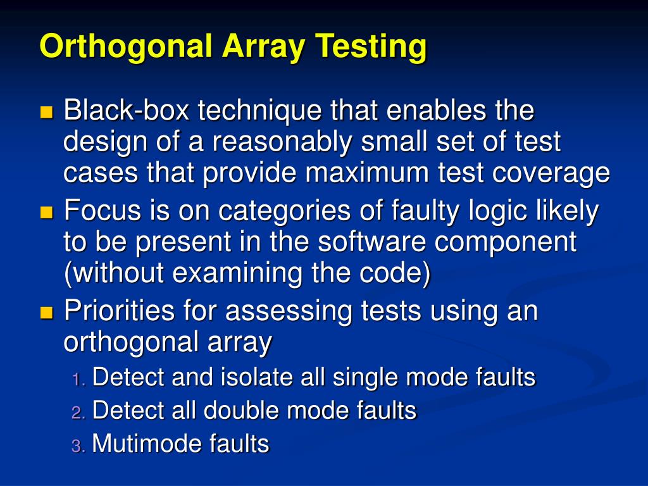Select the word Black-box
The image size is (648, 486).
coord(118,112)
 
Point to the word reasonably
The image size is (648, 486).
coord(281,142)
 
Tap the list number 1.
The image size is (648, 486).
coord(77,380)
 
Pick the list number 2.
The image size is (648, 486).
coord(77,413)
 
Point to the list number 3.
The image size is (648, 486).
coord(77,445)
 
